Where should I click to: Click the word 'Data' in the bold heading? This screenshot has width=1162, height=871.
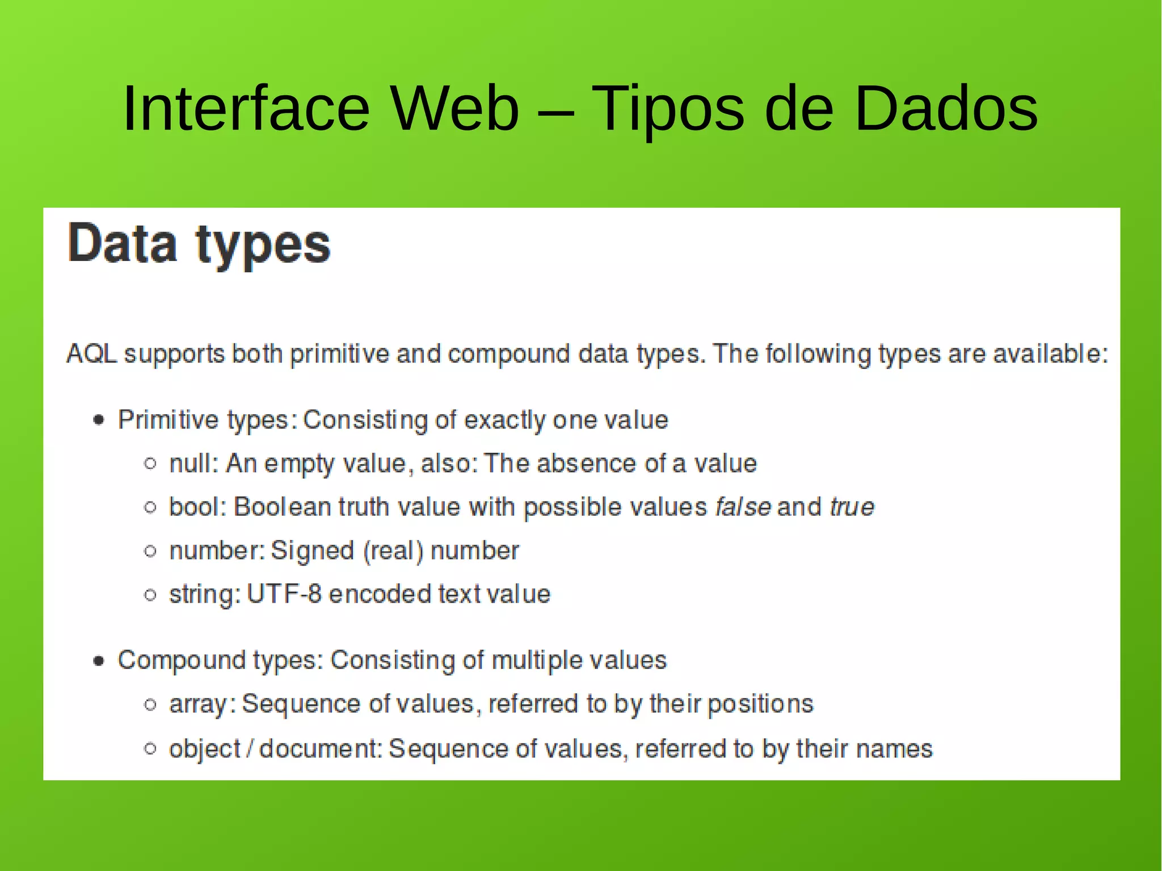pos(123,244)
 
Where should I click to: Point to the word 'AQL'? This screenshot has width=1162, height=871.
pos(91,354)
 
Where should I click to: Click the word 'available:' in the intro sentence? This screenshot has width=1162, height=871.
pos(1050,354)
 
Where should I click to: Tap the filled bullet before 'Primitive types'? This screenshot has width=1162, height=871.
pos(99,420)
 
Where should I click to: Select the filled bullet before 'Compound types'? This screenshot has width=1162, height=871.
pos(99,660)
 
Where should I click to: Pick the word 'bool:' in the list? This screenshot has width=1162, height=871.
pos(197,507)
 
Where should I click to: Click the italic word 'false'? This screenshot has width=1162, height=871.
pos(743,507)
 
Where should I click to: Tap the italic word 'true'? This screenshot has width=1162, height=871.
pos(852,507)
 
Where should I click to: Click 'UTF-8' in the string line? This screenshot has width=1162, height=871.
pos(284,594)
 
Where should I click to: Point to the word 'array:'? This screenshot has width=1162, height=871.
pos(202,704)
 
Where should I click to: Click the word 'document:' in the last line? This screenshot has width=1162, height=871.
pos(321,749)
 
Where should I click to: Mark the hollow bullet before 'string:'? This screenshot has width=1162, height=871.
pos(150,595)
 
